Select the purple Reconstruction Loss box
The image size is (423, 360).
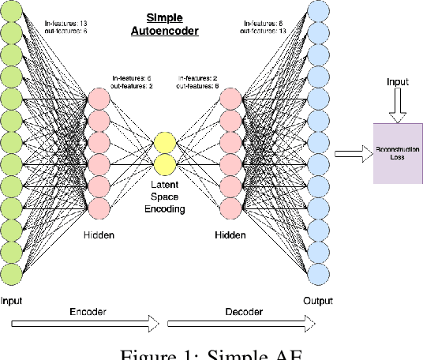399,154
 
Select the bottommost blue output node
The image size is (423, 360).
317,273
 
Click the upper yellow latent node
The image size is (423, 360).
164,142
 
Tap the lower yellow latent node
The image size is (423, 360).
164,164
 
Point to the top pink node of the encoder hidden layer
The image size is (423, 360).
99,99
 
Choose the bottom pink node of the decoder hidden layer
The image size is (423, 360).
230,208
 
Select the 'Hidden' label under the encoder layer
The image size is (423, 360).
99,235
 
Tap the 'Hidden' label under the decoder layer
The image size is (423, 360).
230,235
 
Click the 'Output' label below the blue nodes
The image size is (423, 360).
317,301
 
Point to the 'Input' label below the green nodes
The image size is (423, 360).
12,301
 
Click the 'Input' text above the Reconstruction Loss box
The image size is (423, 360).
398,82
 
